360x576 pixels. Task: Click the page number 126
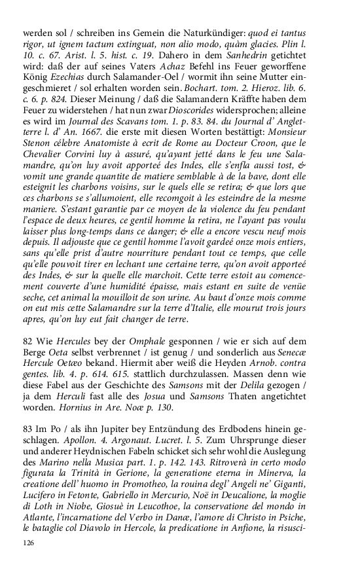28,543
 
